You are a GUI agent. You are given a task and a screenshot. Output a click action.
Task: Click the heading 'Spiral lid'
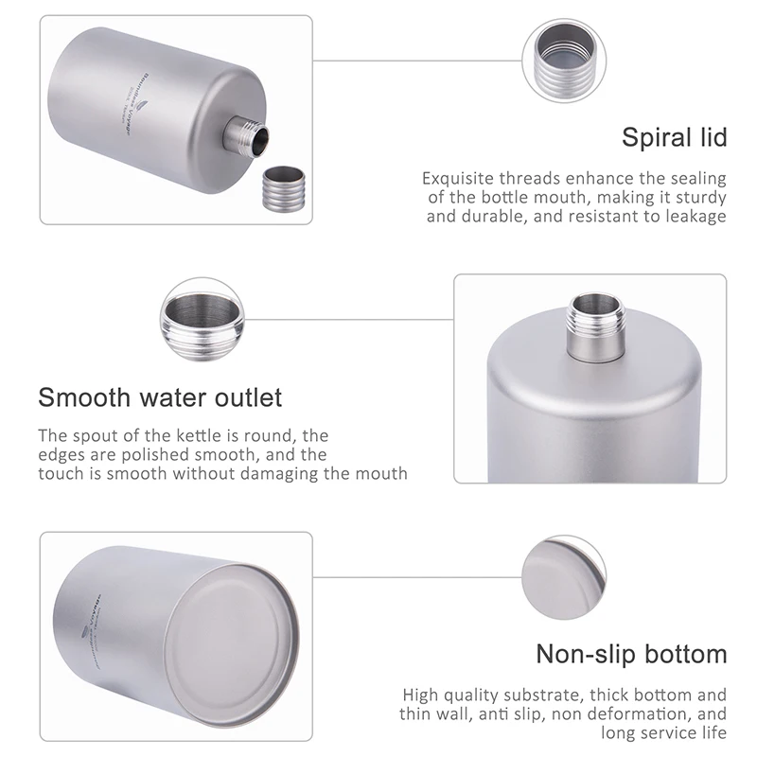(x=674, y=137)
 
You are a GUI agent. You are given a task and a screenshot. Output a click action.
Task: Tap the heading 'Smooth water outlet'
(x=160, y=396)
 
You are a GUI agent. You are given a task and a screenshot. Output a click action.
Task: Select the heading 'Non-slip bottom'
(x=631, y=654)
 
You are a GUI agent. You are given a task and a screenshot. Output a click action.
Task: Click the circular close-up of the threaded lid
(x=560, y=59)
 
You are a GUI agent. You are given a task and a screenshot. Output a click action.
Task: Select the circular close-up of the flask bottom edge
(x=560, y=573)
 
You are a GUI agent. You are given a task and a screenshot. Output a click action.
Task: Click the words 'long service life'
(x=664, y=732)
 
